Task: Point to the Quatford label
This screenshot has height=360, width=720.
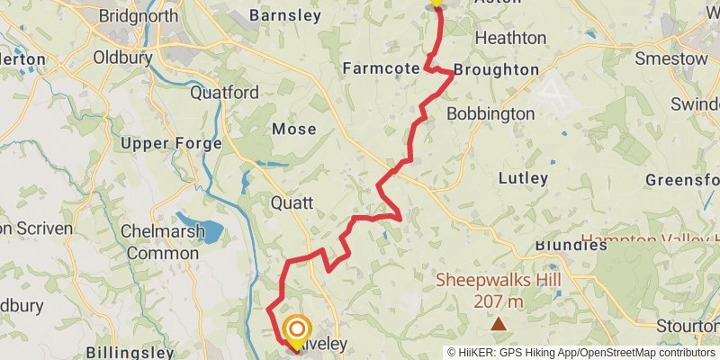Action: pyautogui.click(x=225, y=92)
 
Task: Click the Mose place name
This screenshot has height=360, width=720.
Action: pyautogui.click(x=294, y=129)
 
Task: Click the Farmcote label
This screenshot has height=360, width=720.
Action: pyautogui.click(x=382, y=68)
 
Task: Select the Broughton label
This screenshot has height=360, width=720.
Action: pyautogui.click(x=496, y=69)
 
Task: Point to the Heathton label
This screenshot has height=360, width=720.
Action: pyautogui.click(x=510, y=38)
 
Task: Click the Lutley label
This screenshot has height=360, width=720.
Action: pyautogui.click(x=523, y=178)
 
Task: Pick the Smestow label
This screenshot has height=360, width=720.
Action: pyautogui.click(x=671, y=58)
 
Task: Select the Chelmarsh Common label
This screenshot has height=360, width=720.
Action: pyautogui.click(x=162, y=242)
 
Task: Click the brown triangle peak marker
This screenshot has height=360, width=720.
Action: pyautogui.click(x=498, y=321)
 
